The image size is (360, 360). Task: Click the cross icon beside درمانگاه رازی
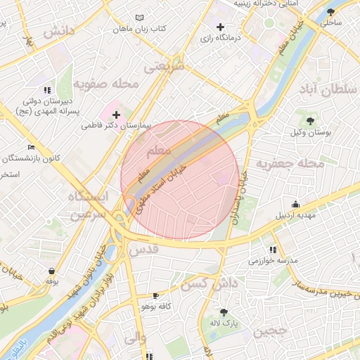(x=220, y=27)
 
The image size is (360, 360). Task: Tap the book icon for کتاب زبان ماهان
(x=139, y=18)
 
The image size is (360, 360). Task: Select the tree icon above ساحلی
(x=330, y=12)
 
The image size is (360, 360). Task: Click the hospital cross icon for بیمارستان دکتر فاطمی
(x=116, y=114)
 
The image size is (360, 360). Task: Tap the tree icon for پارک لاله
(x=224, y=311)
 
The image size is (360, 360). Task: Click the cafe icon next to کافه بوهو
(x=155, y=296)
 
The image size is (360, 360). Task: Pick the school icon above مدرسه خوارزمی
(x=272, y=250)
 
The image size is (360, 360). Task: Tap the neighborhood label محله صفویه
(x=104, y=85)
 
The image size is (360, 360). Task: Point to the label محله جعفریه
(x=290, y=163)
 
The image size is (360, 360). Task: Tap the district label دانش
(x=58, y=31)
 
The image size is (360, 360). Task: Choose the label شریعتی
(x=163, y=67)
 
